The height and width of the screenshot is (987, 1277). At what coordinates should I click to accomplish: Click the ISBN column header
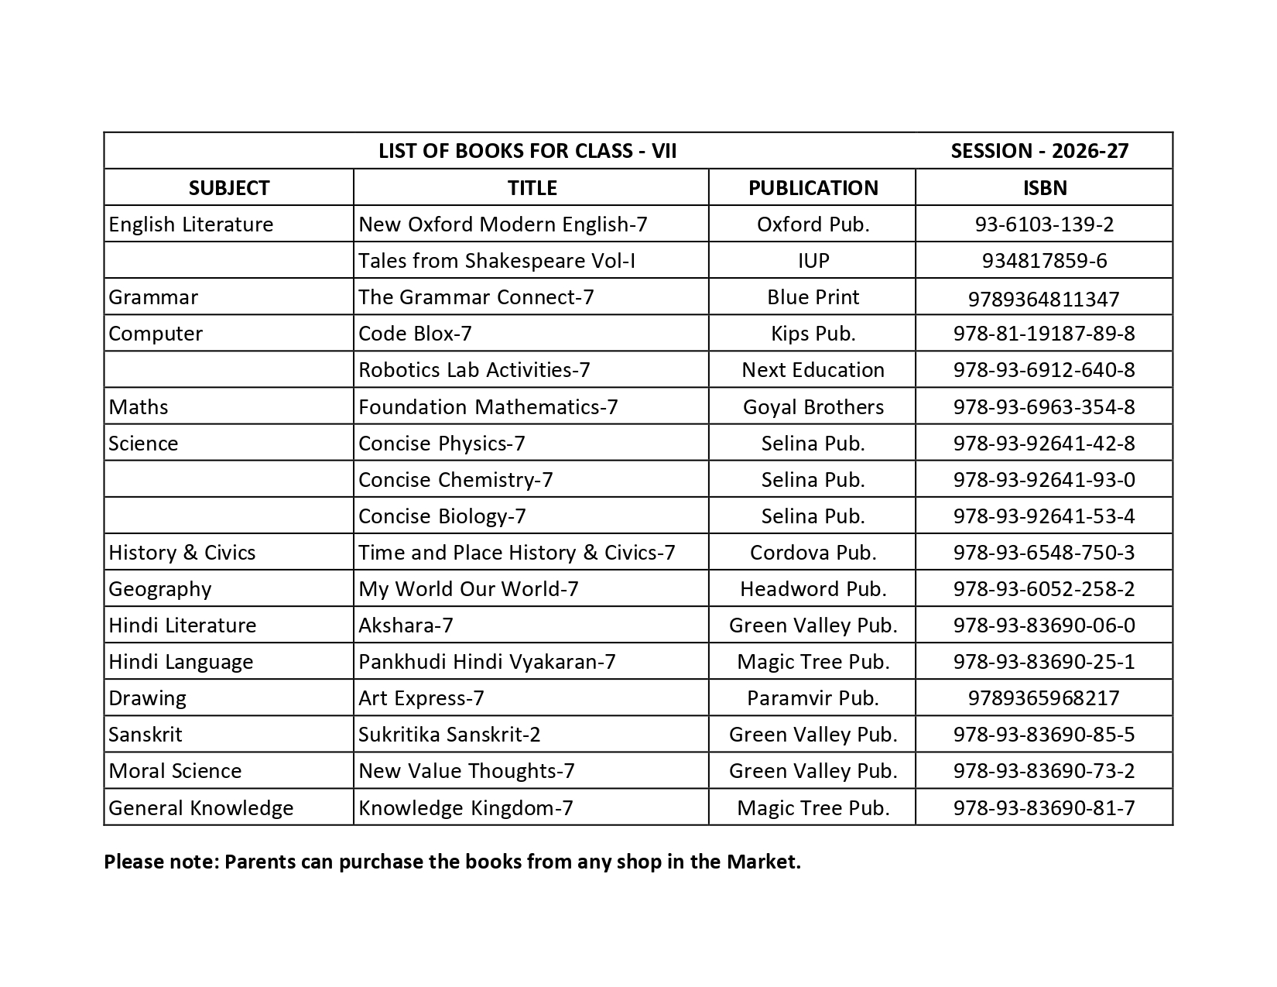pyautogui.click(x=1044, y=188)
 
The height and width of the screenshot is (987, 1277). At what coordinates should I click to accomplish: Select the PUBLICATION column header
pyautogui.click(x=813, y=188)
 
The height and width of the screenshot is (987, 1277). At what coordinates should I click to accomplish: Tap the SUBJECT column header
pyautogui.click(x=229, y=188)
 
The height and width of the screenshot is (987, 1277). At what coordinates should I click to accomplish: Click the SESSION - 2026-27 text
pyautogui.click(x=1039, y=151)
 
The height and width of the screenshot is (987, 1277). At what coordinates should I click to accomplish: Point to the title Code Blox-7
pyautogui.click(x=415, y=334)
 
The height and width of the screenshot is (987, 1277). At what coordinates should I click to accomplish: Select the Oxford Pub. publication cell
pyautogui.click(x=813, y=224)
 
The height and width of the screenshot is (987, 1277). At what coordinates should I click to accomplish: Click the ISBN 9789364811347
pyautogui.click(x=1044, y=299)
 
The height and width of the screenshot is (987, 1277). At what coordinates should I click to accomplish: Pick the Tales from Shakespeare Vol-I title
pyautogui.click(x=497, y=261)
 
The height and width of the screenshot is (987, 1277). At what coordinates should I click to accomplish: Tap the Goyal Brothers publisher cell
pyautogui.click(x=813, y=407)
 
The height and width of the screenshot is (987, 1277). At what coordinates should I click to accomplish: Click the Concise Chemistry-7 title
pyautogui.click(x=456, y=480)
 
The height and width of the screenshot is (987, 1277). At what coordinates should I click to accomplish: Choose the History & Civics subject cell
pyautogui.click(x=182, y=553)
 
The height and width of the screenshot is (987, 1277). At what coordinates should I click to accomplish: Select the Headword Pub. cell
pyautogui.click(x=813, y=589)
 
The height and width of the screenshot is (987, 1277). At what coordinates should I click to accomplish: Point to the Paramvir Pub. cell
pyautogui.click(x=813, y=698)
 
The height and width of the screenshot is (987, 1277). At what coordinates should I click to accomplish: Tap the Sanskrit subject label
pyautogui.click(x=146, y=735)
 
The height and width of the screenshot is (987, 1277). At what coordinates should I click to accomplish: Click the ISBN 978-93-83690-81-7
pyautogui.click(x=1044, y=808)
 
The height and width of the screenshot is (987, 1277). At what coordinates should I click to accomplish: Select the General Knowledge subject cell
pyautogui.click(x=201, y=808)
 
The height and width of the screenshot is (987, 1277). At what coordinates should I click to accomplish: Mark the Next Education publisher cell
pyautogui.click(x=813, y=370)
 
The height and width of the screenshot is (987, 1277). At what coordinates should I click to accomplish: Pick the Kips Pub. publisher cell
pyautogui.click(x=813, y=334)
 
